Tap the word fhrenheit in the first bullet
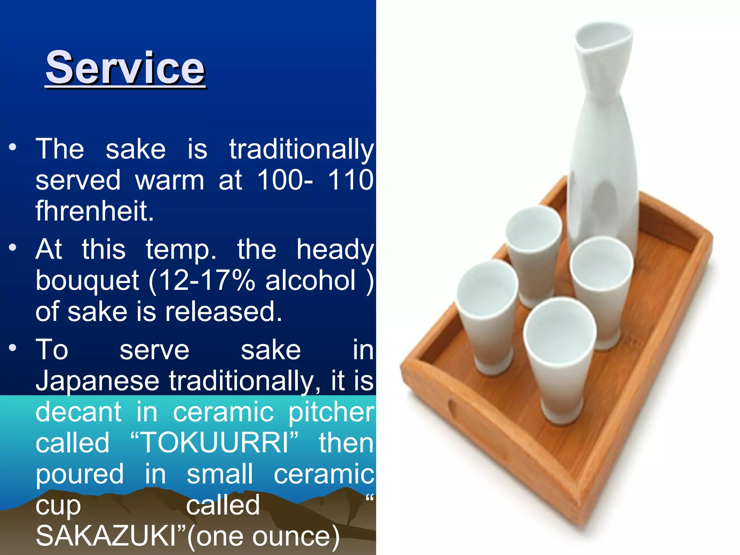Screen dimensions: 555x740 [x=95, y=211]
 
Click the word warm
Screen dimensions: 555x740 [x=169, y=180]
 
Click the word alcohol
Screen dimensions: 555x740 [x=310, y=280]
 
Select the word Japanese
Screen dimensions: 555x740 [x=98, y=381]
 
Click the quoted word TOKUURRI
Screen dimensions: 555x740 [x=215, y=443]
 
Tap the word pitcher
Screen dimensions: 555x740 [x=331, y=412]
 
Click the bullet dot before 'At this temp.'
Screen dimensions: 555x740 [x=13, y=248]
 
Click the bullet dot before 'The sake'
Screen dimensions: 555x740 [x=13, y=147]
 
